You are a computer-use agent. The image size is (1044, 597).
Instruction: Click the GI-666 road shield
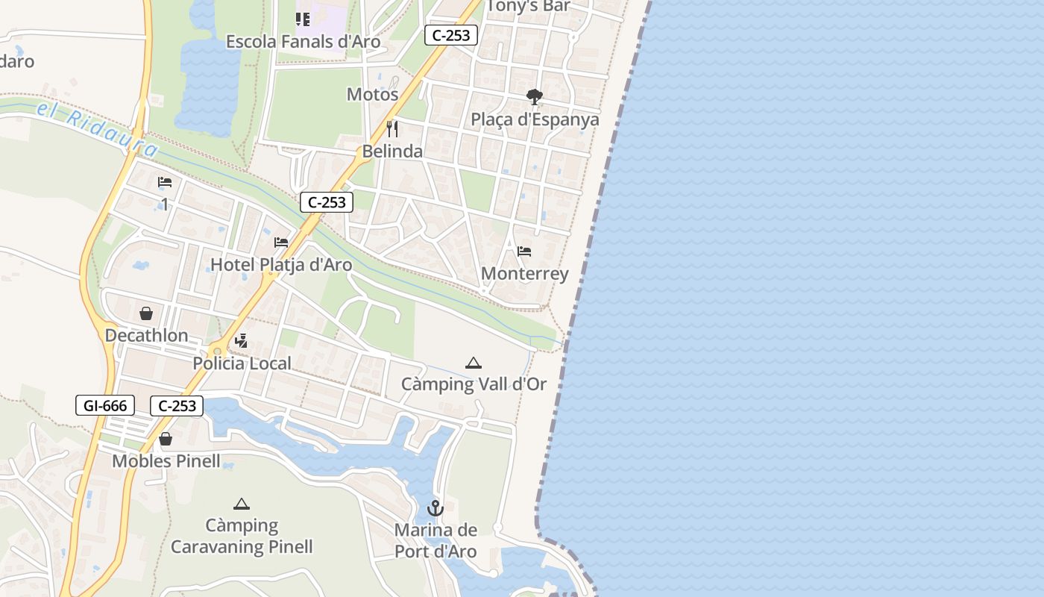click(105, 405)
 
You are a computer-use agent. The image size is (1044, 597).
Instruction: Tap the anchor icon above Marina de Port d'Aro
click(435, 509)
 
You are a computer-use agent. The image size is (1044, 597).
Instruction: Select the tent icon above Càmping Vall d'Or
click(474, 363)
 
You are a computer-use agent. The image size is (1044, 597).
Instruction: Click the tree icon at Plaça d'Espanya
click(534, 97)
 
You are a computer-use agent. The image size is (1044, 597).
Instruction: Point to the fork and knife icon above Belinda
click(392, 129)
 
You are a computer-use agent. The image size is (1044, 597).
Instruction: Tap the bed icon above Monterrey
click(524, 251)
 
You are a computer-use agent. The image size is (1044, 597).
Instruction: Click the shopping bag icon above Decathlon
click(146, 313)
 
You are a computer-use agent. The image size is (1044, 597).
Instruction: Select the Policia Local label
click(242, 363)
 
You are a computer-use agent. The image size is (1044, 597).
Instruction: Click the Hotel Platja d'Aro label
click(281, 264)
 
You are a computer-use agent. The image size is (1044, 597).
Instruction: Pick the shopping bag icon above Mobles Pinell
click(166, 439)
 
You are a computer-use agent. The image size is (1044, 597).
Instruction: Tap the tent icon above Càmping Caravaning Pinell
click(241, 504)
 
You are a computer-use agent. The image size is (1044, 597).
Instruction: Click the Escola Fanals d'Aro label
click(303, 42)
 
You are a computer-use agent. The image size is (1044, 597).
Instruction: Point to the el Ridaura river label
click(97, 127)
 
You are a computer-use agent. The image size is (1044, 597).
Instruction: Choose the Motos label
click(373, 95)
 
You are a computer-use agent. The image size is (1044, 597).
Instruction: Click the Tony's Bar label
click(529, 6)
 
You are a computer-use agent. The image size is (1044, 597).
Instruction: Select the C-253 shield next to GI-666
click(177, 405)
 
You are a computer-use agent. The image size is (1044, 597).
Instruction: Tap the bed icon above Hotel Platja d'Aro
click(281, 243)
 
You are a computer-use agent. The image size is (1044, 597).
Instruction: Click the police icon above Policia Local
click(241, 342)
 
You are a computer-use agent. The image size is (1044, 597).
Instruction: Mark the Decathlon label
click(146, 335)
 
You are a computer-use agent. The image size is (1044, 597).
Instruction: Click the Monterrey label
click(524, 274)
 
